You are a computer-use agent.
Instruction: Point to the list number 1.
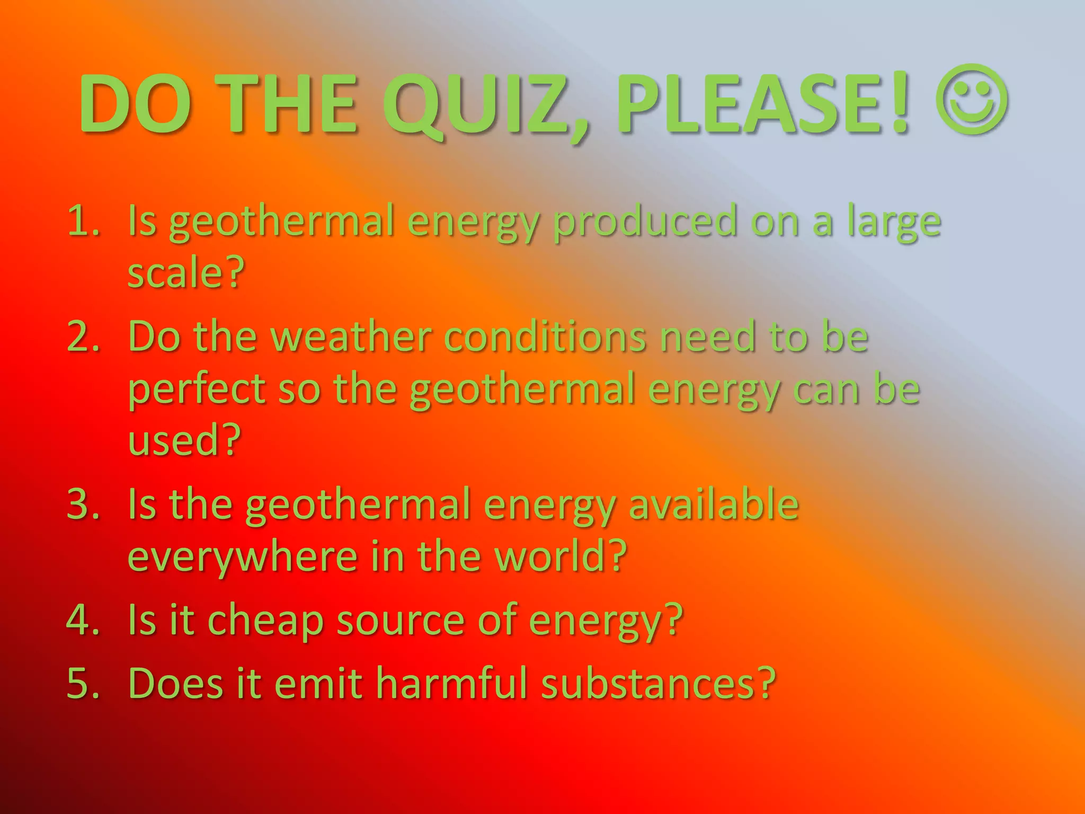click(x=83, y=221)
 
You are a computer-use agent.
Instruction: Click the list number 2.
click(x=83, y=337)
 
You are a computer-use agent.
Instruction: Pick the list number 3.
click(x=83, y=504)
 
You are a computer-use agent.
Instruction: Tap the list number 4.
click(x=83, y=620)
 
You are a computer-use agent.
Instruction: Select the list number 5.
click(x=83, y=683)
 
